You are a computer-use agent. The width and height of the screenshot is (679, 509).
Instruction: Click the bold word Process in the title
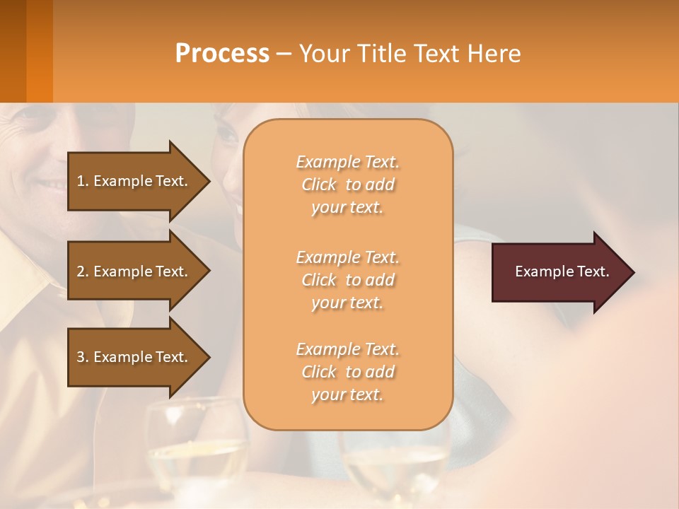[x=222, y=54]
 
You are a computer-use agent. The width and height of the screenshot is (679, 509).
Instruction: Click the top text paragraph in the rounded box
[x=347, y=185]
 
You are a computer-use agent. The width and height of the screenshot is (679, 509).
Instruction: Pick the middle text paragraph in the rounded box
[x=347, y=280]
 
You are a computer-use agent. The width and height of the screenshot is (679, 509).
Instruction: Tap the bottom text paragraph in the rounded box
[x=347, y=372]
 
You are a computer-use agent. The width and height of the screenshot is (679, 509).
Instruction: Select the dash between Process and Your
[x=284, y=54]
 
